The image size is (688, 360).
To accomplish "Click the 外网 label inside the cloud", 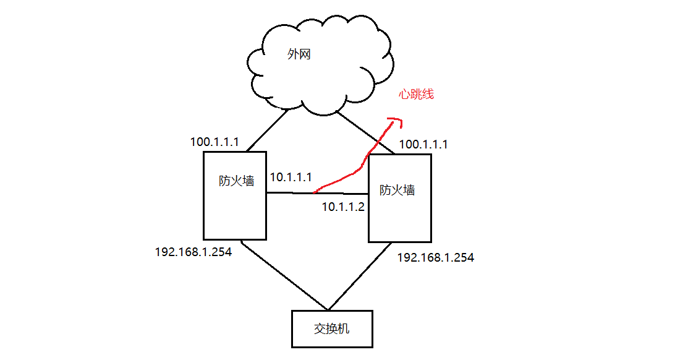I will pyautogui.click(x=299, y=54).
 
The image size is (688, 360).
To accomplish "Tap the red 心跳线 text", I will pyautogui.click(x=416, y=94).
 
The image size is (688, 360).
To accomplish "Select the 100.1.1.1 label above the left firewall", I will pyautogui.click(x=214, y=142).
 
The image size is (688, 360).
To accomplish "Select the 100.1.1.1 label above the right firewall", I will pyautogui.click(x=423, y=145).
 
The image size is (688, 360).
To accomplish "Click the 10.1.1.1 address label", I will pyautogui.click(x=291, y=178).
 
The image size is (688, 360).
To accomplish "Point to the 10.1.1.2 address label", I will pyautogui.click(x=343, y=207).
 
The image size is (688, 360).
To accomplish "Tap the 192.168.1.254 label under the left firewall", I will pyautogui.click(x=193, y=252).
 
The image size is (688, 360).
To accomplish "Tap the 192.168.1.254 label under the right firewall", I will pyautogui.click(x=435, y=258).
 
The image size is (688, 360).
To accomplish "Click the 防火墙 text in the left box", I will pyautogui.click(x=236, y=181).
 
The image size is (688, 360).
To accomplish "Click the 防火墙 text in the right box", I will pyautogui.click(x=397, y=190).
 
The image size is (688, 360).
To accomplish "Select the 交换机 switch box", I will pyautogui.click(x=332, y=328).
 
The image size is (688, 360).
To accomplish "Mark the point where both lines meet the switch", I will pyautogui.click(x=328, y=309).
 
